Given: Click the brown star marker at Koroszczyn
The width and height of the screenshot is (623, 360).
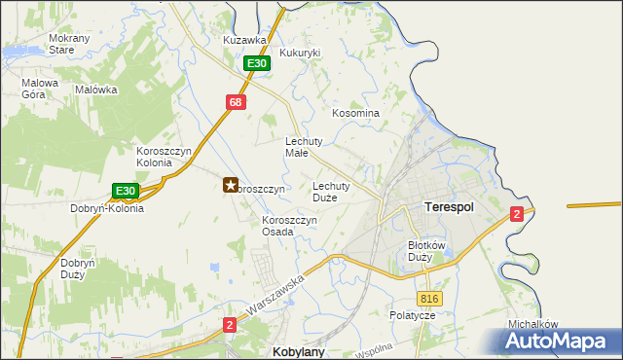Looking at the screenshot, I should point(231,184).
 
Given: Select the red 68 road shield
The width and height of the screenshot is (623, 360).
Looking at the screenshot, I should point(237,101).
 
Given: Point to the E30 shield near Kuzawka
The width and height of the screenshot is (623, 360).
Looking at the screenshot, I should point(255,63).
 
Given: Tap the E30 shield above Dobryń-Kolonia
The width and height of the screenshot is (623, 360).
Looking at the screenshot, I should point(124,191).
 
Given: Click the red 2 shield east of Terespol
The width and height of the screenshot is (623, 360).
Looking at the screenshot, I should point(518,214).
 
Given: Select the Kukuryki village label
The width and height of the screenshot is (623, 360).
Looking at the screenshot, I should point(300,53).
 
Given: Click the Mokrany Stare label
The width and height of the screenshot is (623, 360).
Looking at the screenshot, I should point(49,44).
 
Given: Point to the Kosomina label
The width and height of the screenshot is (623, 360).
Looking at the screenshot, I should point(355,114).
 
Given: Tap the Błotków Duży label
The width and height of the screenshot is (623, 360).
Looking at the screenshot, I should point(425,251).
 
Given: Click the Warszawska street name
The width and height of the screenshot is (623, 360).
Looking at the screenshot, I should point(276,296).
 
